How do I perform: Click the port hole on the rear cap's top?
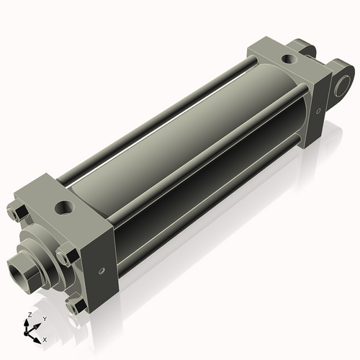[x=289, y=58]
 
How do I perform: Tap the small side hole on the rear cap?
[x=318, y=112]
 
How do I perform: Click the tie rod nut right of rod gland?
[x=67, y=255]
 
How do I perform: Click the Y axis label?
[x=44, y=318]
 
